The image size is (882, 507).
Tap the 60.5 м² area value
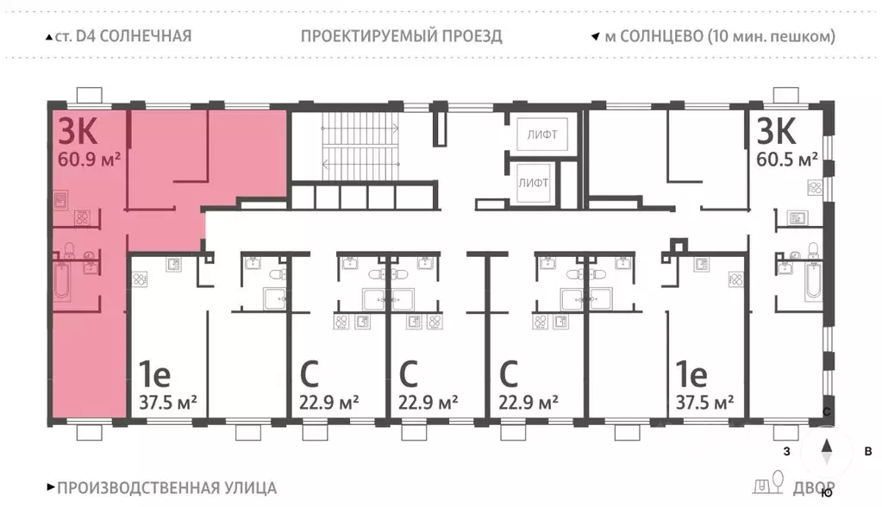(x=787, y=160)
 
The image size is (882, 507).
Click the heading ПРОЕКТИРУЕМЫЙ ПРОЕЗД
(x=402, y=36)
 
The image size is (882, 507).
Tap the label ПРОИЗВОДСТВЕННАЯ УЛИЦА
(x=167, y=488)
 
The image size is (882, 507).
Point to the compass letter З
(x=786, y=451)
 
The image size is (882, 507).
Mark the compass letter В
(x=868, y=451)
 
